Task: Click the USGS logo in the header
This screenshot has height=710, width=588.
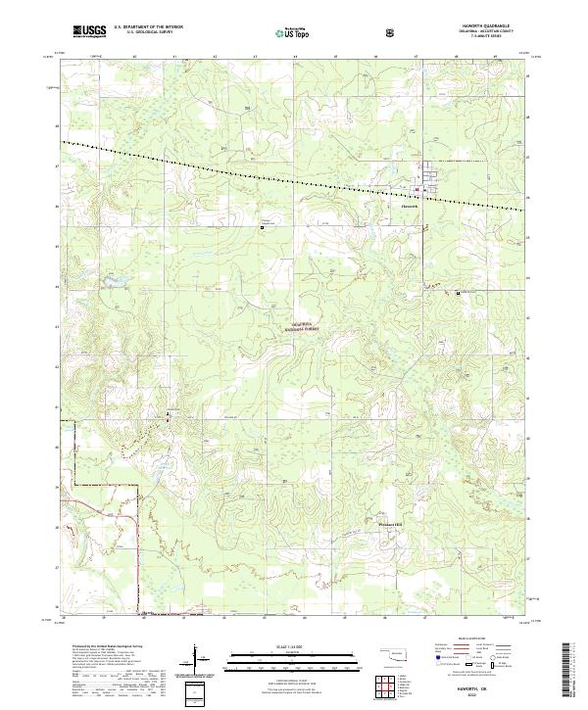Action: tap(89, 31)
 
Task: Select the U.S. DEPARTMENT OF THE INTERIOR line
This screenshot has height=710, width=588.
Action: tap(148, 27)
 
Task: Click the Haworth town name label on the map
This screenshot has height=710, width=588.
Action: tap(410, 206)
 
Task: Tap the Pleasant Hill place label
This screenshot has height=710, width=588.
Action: tap(391, 524)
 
